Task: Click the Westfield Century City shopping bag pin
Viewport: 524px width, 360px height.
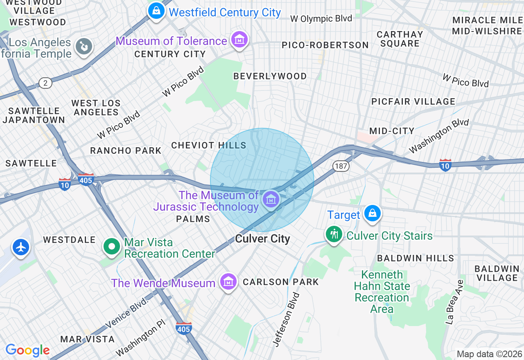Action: click(x=156, y=11)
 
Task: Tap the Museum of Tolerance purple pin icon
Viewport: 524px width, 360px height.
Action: click(x=239, y=39)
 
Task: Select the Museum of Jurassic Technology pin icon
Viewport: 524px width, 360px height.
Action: click(x=271, y=200)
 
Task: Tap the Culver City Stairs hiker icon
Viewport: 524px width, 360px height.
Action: click(x=334, y=234)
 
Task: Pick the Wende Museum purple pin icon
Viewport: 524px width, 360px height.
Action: click(x=228, y=281)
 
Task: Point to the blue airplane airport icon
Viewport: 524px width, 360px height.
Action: click(x=20, y=247)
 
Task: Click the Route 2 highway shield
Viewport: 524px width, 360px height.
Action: click(x=45, y=83)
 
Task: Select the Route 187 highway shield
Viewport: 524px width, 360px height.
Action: click(x=340, y=166)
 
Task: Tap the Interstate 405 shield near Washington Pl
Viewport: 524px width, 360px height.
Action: click(x=184, y=328)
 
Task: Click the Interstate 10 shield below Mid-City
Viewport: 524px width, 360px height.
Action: click(x=445, y=165)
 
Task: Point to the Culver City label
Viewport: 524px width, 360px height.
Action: click(x=262, y=239)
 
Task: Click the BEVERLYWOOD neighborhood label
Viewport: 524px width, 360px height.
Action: click(x=270, y=76)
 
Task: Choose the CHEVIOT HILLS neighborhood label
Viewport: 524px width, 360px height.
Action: click(x=209, y=145)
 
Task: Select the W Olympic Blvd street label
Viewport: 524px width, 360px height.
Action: click(x=321, y=18)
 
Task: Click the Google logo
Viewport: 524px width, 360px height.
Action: click(x=28, y=350)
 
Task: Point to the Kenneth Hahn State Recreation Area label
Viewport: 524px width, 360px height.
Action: click(x=382, y=292)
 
